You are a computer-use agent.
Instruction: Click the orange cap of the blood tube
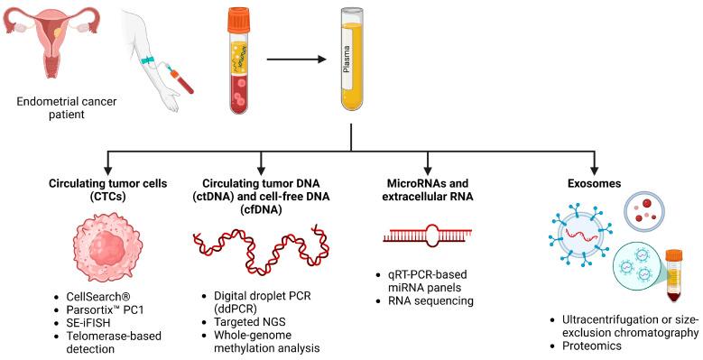tap(238, 15)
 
